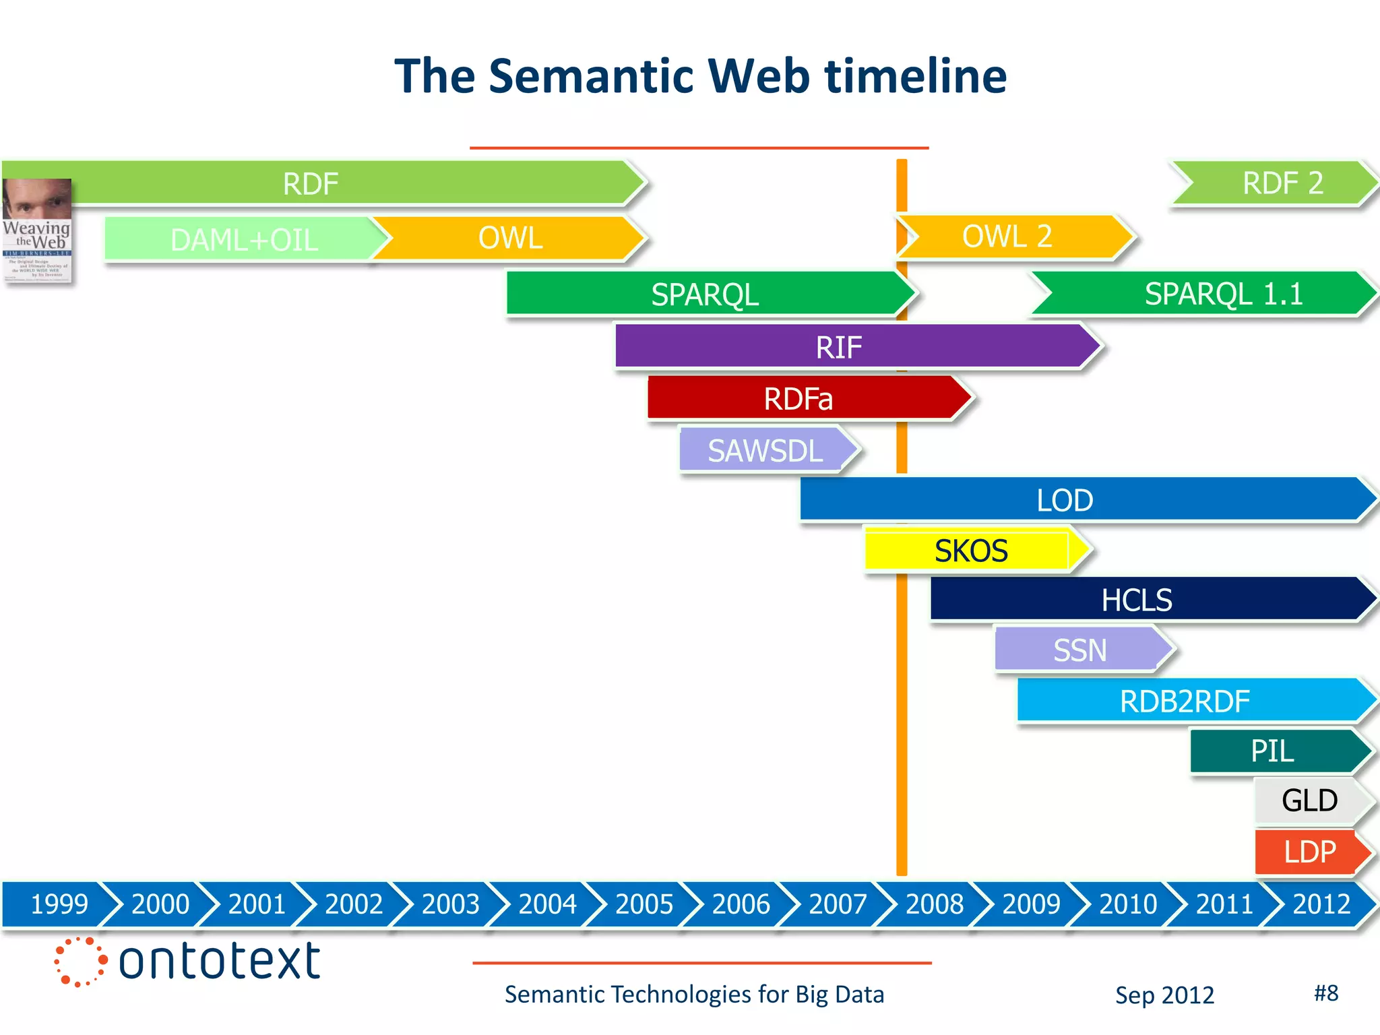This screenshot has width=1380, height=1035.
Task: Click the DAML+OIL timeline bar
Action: tap(243, 239)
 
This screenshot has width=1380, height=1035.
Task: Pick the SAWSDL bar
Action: tap(765, 450)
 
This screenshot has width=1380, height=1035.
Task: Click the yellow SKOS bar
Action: tap(970, 551)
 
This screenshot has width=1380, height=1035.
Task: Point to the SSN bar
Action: tap(1079, 650)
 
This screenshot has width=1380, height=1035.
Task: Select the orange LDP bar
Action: tap(1309, 852)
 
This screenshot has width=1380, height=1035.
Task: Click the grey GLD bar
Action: tap(1309, 801)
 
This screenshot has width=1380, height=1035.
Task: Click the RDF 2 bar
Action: tap(1280, 183)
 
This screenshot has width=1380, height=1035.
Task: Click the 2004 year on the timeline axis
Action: tap(547, 904)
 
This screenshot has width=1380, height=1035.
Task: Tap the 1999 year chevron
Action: tap(59, 904)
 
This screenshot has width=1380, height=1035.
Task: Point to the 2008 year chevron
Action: tap(935, 904)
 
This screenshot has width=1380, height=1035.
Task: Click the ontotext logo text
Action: tap(219, 961)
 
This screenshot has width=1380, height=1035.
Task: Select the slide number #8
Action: tap(1325, 993)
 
